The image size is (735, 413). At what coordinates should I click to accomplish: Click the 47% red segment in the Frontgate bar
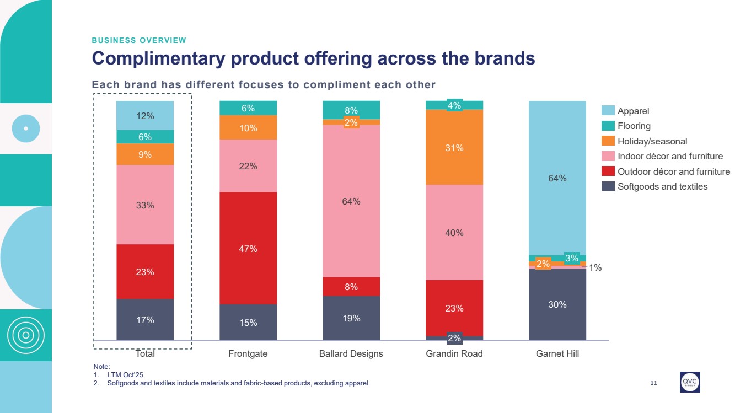[x=248, y=248]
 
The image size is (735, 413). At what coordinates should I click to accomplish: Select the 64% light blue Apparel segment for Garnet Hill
[x=557, y=178]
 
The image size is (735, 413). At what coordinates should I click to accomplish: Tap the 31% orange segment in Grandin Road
[x=454, y=148]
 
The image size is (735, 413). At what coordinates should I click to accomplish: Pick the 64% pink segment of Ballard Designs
[x=351, y=201]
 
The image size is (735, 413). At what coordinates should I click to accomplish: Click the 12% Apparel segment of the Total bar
[x=145, y=116]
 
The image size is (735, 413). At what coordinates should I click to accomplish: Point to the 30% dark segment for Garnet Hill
[x=557, y=304]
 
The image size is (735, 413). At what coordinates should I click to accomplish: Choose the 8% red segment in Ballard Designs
[x=351, y=287]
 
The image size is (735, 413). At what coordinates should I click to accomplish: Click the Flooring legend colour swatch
[x=608, y=126]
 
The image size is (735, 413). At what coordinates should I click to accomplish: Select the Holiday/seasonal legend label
[x=652, y=141]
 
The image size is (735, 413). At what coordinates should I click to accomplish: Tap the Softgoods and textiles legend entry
[x=662, y=186]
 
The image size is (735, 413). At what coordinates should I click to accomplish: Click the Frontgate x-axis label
[x=248, y=353]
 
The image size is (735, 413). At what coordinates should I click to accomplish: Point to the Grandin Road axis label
[x=454, y=353]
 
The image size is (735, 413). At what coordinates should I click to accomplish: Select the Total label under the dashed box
[x=145, y=353]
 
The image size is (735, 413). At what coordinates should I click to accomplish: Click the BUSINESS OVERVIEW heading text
[x=139, y=40]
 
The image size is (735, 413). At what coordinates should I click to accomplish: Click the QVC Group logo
[x=690, y=382]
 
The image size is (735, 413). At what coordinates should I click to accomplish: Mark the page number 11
[x=654, y=383]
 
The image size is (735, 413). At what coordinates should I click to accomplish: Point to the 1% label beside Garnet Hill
[x=595, y=268]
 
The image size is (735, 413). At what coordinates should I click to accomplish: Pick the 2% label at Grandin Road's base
[x=454, y=338]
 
